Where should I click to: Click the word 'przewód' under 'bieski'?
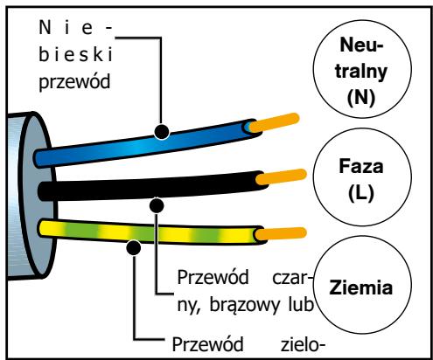74,82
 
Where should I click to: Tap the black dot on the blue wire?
162,131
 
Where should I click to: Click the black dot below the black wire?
157,205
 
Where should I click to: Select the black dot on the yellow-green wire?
134,248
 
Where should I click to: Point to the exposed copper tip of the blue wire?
275,122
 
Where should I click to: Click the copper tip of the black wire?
282,177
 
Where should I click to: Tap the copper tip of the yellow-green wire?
281,234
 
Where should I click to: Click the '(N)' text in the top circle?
361,97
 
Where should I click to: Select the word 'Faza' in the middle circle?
361,166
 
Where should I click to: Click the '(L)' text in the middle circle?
361,193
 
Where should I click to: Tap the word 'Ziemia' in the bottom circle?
361,287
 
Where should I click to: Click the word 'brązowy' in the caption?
245,306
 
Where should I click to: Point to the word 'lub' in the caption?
301,304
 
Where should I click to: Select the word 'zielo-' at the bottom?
303,344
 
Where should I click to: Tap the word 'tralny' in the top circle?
361,72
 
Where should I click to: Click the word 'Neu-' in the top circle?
361,45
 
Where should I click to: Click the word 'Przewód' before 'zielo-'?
207,344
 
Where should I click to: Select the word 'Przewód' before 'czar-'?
213,277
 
